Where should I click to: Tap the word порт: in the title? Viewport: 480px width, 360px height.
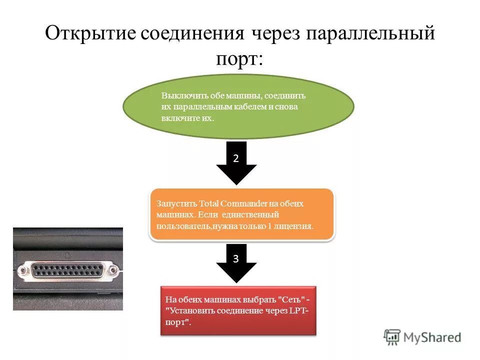pos(239,59)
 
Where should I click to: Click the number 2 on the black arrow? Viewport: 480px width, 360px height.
pos(236,157)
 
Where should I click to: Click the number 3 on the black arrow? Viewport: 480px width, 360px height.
pos(236,259)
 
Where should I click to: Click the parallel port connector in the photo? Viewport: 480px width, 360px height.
pos(68,270)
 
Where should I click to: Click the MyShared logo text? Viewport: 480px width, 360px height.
pos(432,337)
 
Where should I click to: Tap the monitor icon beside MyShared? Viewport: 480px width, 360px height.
pos(392,336)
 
